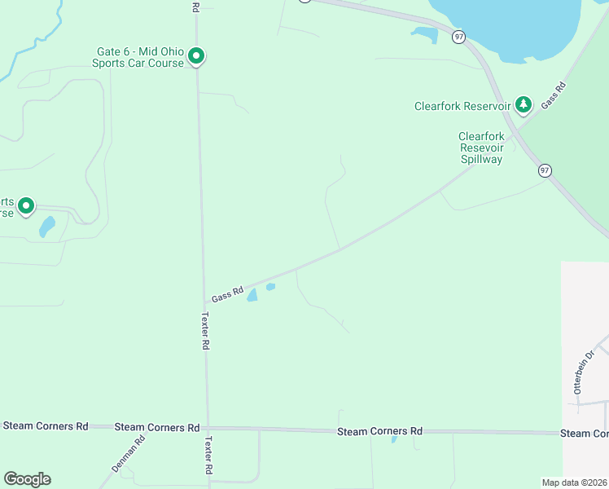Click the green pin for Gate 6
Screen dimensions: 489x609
click(x=195, y=56)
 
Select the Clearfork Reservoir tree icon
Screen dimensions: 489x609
click(x=523, y=104)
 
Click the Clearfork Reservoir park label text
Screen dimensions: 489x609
click(x=462, y=106)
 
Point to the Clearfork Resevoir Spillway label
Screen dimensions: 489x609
click(x=481, y=148)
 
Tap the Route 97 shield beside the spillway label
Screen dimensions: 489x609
click(x=545, y=170)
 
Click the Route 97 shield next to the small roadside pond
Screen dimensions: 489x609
click(x=459, y=37)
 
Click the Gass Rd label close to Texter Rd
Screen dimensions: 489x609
click(x=228, y=293)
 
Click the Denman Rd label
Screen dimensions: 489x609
click(x=129, y=455)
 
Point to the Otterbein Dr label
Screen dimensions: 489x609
click(x=585, y=372)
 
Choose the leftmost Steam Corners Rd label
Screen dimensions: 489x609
click(x=45, y=425)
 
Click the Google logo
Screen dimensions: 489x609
click(x=27, y=479)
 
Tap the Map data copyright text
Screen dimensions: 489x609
click(x=574, y=482)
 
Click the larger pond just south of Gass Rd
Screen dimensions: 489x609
click(x=252, y=295)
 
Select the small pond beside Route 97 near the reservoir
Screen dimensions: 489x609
click(x=424, y=33)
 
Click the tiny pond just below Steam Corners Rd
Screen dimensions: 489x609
click(x=395, y=439)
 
